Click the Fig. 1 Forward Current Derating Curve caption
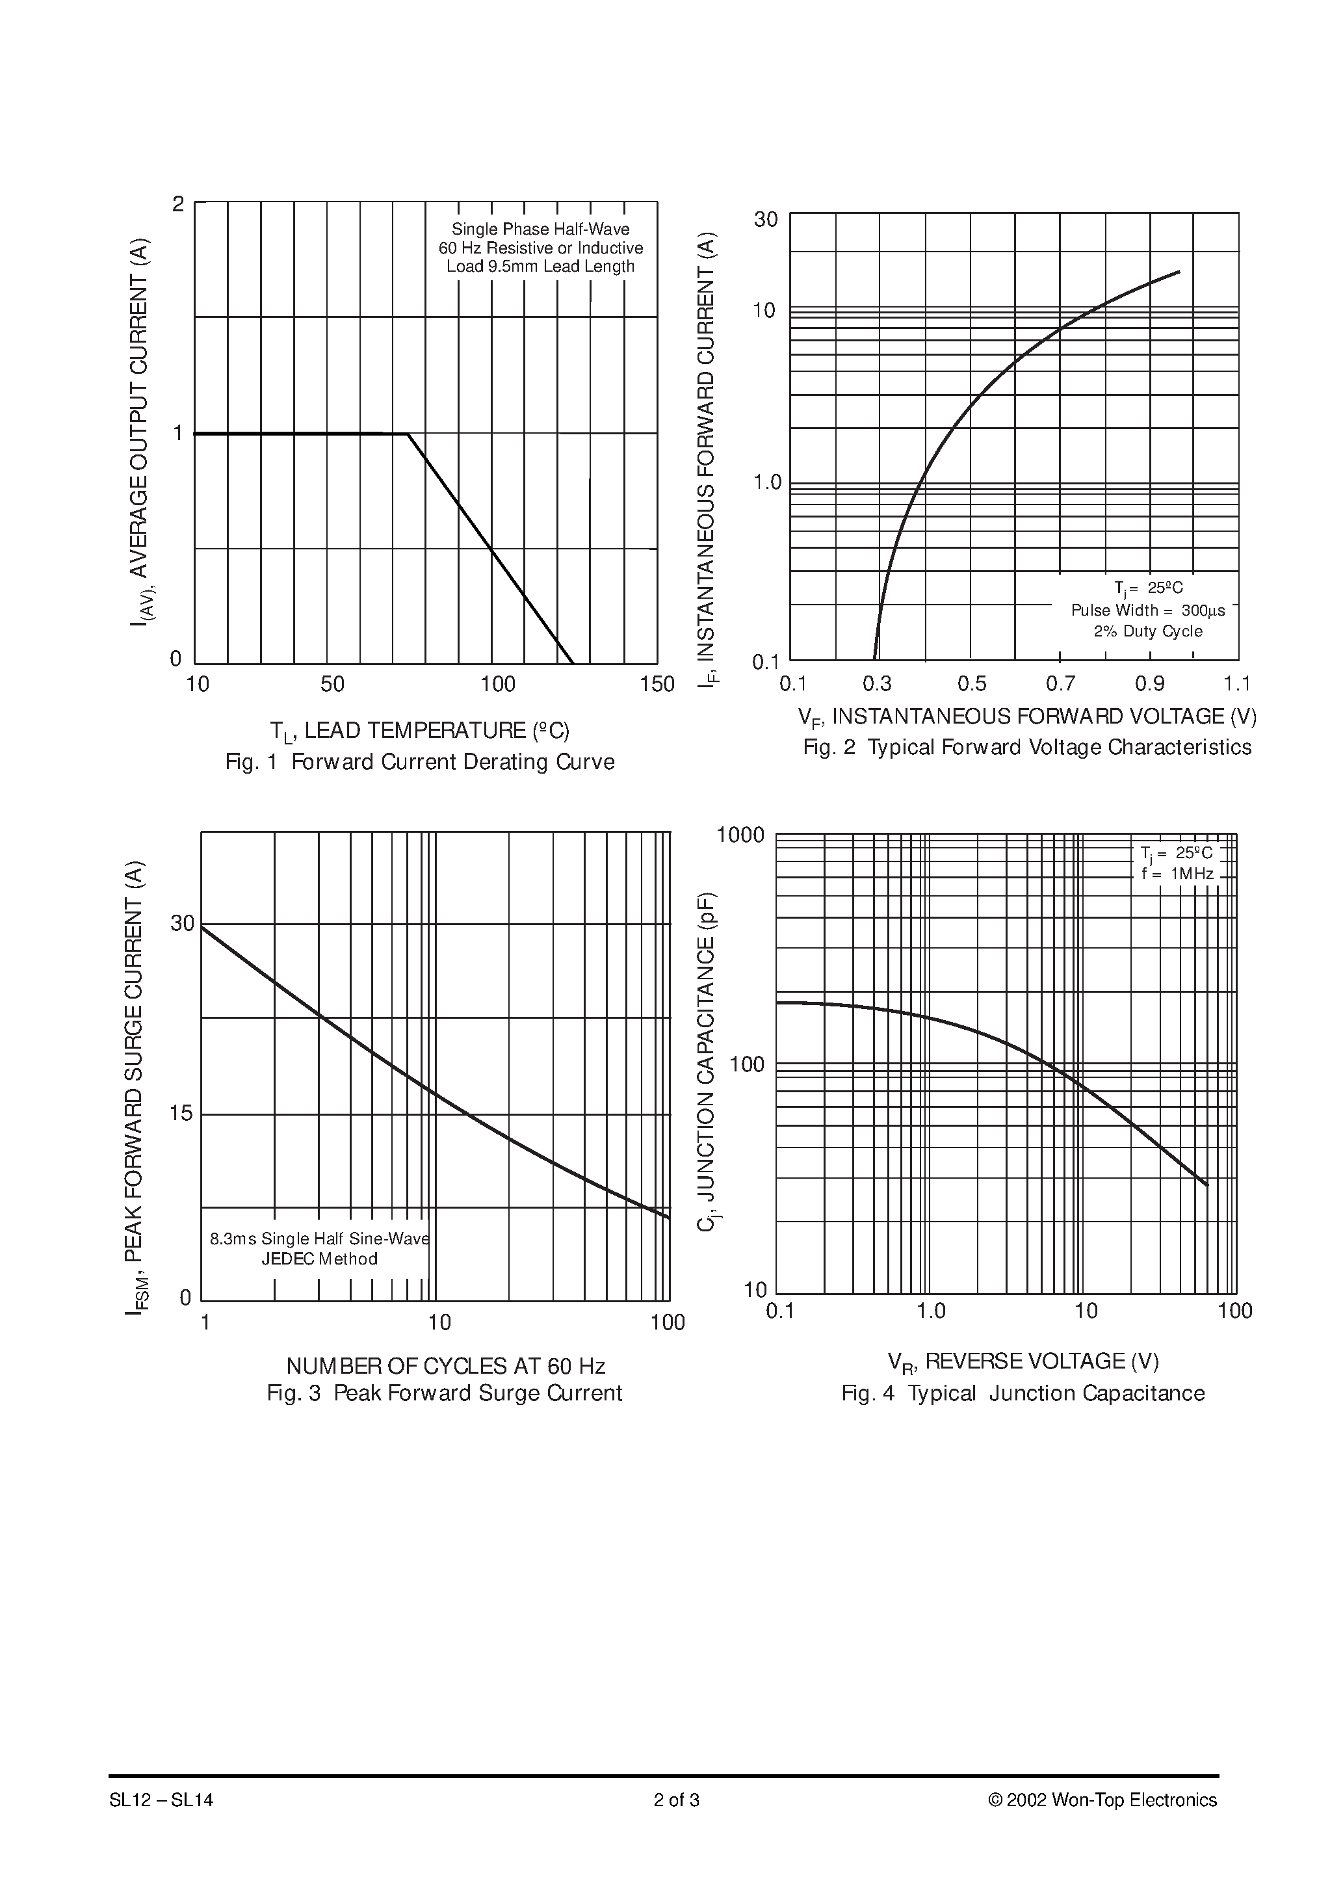pos(420,762)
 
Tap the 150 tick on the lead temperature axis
pos(657,684)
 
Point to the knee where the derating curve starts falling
pos(408,433)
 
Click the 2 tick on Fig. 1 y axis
pos(178,203)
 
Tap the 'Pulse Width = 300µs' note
pos(1147,610)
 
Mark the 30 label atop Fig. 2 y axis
pos(766,219)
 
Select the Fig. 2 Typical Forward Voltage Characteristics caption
pos(1026,747)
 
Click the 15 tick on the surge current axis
pos(181,1114)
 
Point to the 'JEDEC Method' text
pos(320,1259)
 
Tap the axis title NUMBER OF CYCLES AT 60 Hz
pos(445,1365)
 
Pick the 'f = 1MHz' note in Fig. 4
pos(1177,874)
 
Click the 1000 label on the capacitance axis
pos(740,835)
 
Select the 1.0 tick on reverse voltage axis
pos(931,1311)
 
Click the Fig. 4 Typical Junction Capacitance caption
pos(1023,1393)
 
